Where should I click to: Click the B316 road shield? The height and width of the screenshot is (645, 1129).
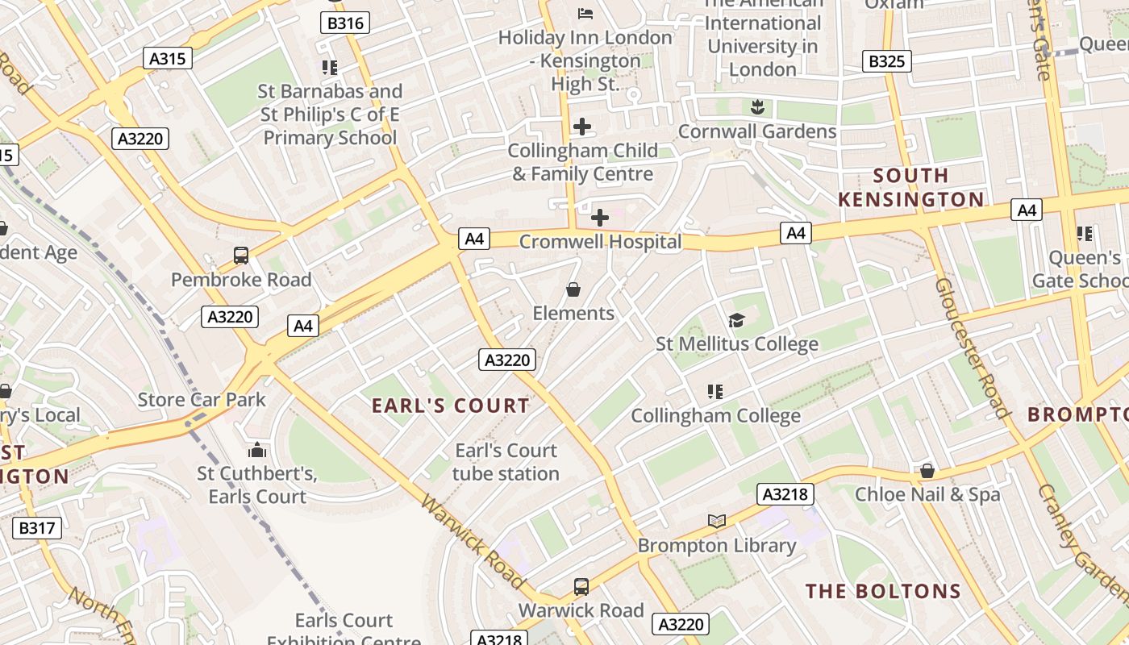pyautogui.click(x=345, y=23)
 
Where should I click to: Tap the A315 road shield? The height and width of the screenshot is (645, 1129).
pyautogui.click(x=168, y=58)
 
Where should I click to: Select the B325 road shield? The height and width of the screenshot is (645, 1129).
pyautogui.click(x=886, y=61)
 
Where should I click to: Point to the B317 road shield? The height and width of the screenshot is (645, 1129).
pyautogui.click(x=37, y=528)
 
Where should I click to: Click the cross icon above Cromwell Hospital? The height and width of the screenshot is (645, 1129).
pyautogui.click(x=600, y=217)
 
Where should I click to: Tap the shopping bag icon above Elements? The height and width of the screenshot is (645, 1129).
pyautogui.click(x=573, y=289)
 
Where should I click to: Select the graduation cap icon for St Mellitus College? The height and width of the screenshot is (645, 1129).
pyautogui.click(x=736, y=321)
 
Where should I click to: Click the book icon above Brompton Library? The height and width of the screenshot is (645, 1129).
pyautogui.click(x=717, y=521)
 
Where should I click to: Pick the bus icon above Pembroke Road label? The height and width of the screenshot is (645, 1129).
pyautogui.click(x=240, y=256)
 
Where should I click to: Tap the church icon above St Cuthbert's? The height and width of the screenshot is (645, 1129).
pyautogui.click(x=257, y=449)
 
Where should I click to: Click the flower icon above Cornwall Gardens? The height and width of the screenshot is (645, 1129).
pyautogui.click(x=756, y=106)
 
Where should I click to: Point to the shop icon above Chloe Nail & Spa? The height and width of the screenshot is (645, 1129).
pyautogui.click(x=927, y=470)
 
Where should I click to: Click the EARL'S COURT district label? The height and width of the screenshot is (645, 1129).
pyautogui.click(x=451, y=406)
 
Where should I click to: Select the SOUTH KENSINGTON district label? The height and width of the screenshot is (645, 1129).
pyautogui.click(x=911, y=187)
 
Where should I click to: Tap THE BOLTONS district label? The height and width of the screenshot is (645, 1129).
pyautogui.click(x=884, y=591)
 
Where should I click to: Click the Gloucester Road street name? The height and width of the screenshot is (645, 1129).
pyautogui.click(x=972, y=348)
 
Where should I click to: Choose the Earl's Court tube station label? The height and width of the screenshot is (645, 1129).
pyautogui.click(x=506, y=462)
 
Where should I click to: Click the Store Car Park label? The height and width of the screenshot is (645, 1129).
pyautogui.click(x=202, y=399)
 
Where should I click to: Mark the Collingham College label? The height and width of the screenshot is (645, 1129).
pyautogui.click(x=715, y=415)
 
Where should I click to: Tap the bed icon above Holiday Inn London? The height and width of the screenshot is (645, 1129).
pyautogui.click(x=585, y=13)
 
